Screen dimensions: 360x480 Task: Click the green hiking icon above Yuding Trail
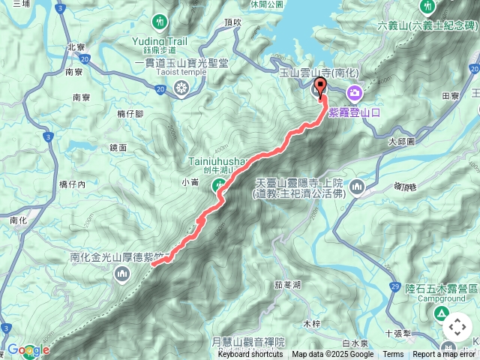pyautogui.click(x=159, y=20)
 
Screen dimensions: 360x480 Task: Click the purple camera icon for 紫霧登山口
pyautogui.click(x=354, y=92)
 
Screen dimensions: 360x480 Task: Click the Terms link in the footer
pyautogui.click(x=393, y=354)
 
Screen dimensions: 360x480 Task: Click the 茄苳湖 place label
pyautogui.click(x=287, y=285)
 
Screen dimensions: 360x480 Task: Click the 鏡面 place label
pyautogui.click(x=118, y=148)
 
